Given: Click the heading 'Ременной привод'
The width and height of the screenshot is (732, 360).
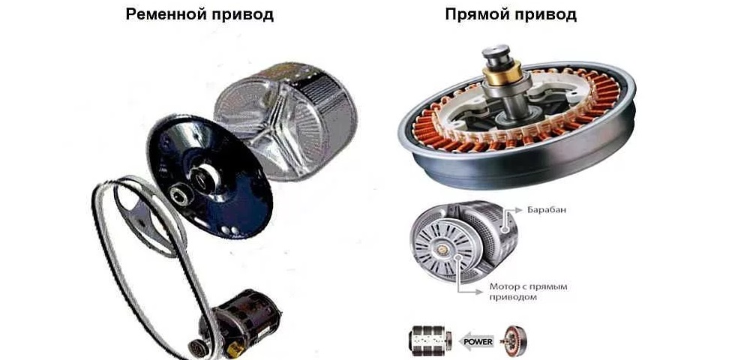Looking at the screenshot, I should pos(200,14).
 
